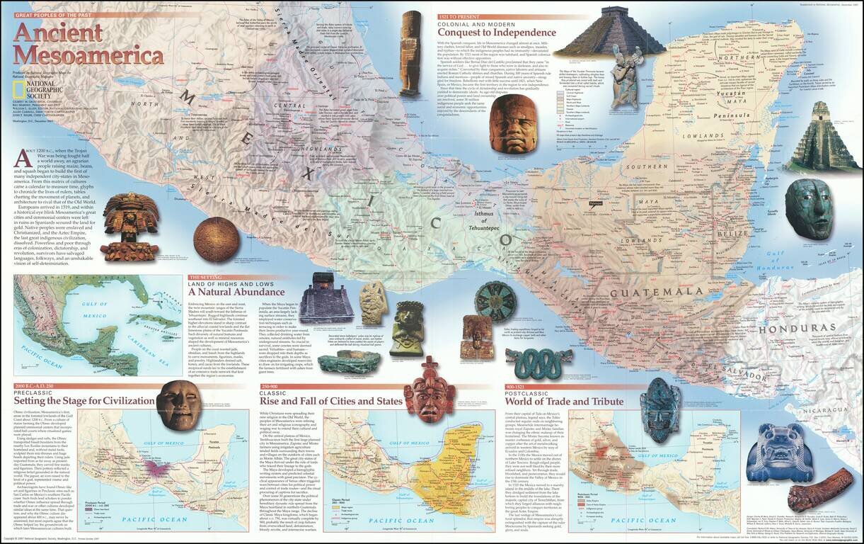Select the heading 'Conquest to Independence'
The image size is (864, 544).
(x=496, y=32)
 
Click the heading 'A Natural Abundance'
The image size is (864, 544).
(x=236, y=292)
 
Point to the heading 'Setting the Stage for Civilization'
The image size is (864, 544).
(x=84, y=400)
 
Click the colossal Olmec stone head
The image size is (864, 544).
(x=510, y=123)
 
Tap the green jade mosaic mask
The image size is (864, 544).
(x=809, y=208)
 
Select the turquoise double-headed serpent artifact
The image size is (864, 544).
(x=538, y=362)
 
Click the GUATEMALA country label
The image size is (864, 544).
(x=657, y=292)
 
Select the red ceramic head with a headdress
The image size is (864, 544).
(x=429, y=390)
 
